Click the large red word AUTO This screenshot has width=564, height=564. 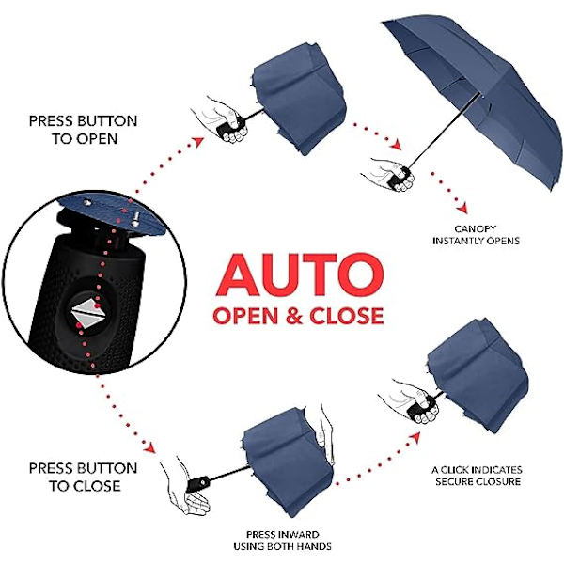[300, 274]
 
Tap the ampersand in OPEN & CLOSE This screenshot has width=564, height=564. [294, 316]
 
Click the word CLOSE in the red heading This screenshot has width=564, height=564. [347, 316]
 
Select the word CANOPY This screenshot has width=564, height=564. [475, 229]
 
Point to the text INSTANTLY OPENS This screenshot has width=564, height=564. [476, 241]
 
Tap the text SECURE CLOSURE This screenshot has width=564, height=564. [478, 481]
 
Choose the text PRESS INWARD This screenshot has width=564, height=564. [283, 535]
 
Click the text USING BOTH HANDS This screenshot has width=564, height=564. [283, 546]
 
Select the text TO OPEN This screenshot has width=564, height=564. [85, 139]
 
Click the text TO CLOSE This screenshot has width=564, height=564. [85, 486]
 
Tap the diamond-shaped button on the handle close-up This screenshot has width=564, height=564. [87, 311]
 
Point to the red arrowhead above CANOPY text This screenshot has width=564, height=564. [462, 208]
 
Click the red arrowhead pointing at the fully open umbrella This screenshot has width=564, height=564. [397, 145]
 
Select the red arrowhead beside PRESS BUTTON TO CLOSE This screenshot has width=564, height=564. [149, 447]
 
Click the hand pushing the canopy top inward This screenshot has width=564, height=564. [324, 435]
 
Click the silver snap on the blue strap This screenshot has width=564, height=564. [135, 219]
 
